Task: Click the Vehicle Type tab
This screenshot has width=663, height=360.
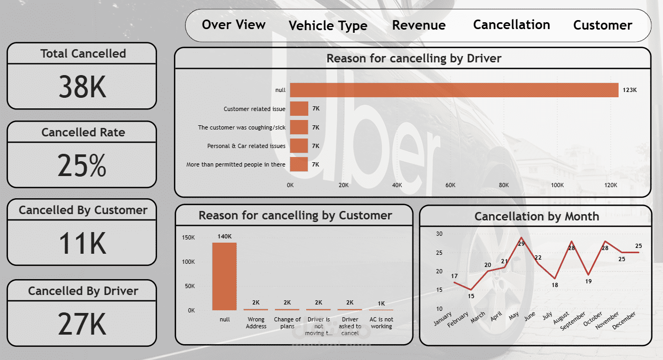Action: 328,26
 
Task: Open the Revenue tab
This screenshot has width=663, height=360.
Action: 419,25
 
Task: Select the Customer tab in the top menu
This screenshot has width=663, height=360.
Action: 602,25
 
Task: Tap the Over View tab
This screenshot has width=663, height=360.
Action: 234,24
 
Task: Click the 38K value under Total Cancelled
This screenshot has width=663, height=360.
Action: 82,87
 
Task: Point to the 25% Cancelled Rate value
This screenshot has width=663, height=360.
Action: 82,165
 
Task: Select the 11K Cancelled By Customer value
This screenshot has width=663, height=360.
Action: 82,243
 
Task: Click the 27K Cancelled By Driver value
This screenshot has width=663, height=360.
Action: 82,324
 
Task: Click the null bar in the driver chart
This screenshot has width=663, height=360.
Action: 454,90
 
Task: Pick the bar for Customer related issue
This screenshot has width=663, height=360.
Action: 299,109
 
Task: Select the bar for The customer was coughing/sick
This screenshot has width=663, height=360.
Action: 299,127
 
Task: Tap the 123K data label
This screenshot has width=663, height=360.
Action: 630,90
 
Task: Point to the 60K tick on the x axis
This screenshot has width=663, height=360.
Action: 450,186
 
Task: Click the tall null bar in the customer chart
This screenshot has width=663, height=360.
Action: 225,276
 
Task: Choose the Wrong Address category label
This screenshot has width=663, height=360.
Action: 256,323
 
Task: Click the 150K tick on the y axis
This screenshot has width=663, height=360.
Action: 188,238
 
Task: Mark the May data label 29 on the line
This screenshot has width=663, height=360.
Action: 521,244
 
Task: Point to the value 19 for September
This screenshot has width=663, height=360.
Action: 588,282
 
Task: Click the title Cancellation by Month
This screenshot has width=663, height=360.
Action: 537,216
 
